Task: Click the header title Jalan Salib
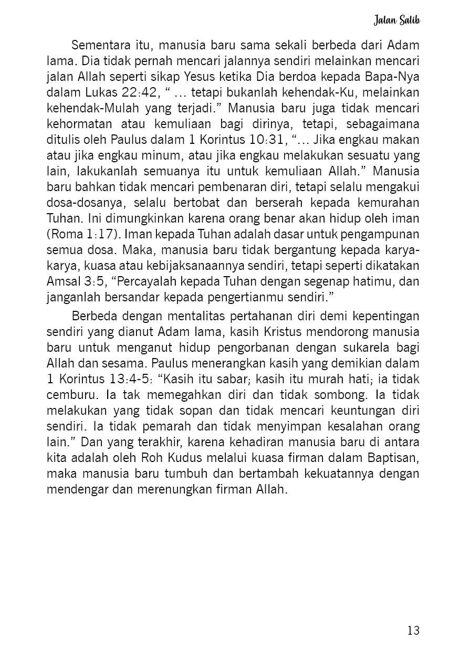point(397,20)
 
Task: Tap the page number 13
point(413,631)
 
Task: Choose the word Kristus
point(288,332)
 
